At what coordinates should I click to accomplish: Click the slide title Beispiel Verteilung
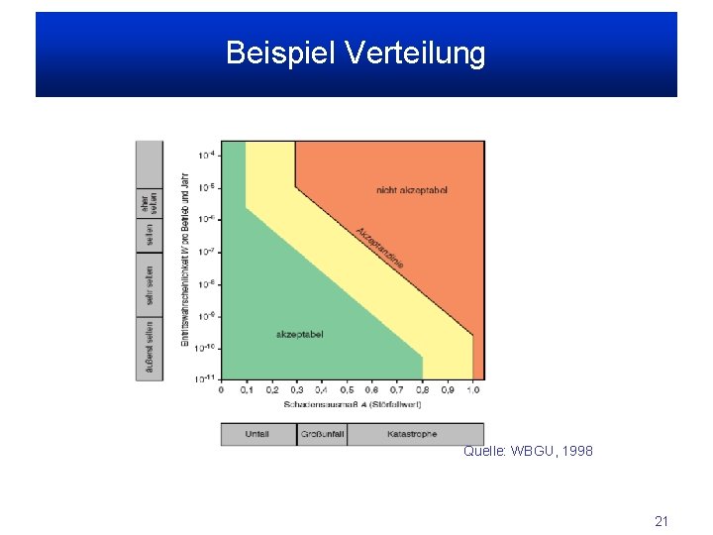pyautogui.click(x=356, y=53)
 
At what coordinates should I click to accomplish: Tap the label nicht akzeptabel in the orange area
pyautogui.click(x=412, y=189)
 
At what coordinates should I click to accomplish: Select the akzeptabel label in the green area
pyautogui.click(x=299, y=335)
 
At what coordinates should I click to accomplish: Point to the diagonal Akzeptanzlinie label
pyautogui.click(x=379, y=247)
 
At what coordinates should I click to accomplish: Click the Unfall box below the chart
pyautogui.click(x=257, y=434)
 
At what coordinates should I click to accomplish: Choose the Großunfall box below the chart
pyautogui.click(x=322, y=434)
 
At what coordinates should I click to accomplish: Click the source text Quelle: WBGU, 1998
pyautogui.click(x=528, y=451)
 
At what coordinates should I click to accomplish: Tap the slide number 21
pyautogui.click(x=662, y=520)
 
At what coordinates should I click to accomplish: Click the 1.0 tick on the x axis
pyautogui.click(x=472, y=390)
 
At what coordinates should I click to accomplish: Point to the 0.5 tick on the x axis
pyautogui.click(x=347, y=390)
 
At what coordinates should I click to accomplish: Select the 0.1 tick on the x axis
pyautogui.click(x=246, y=390)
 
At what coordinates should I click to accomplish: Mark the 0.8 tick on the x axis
pyautogui.click(x=423, y=390)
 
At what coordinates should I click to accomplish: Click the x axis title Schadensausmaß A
pyautogui.click(x=353, y=404)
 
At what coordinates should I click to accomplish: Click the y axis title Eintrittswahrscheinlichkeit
pyautogui.click(x=185, y=260)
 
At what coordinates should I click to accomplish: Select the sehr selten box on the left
pyautogui.click(x=149, y=284)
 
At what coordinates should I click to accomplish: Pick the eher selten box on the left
pyautogui.click(x=149, y=202)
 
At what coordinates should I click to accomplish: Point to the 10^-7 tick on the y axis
pyautogui.click(x=207, y=252)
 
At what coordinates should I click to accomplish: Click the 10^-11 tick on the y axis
pyautogui.click(x=207, y=379)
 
